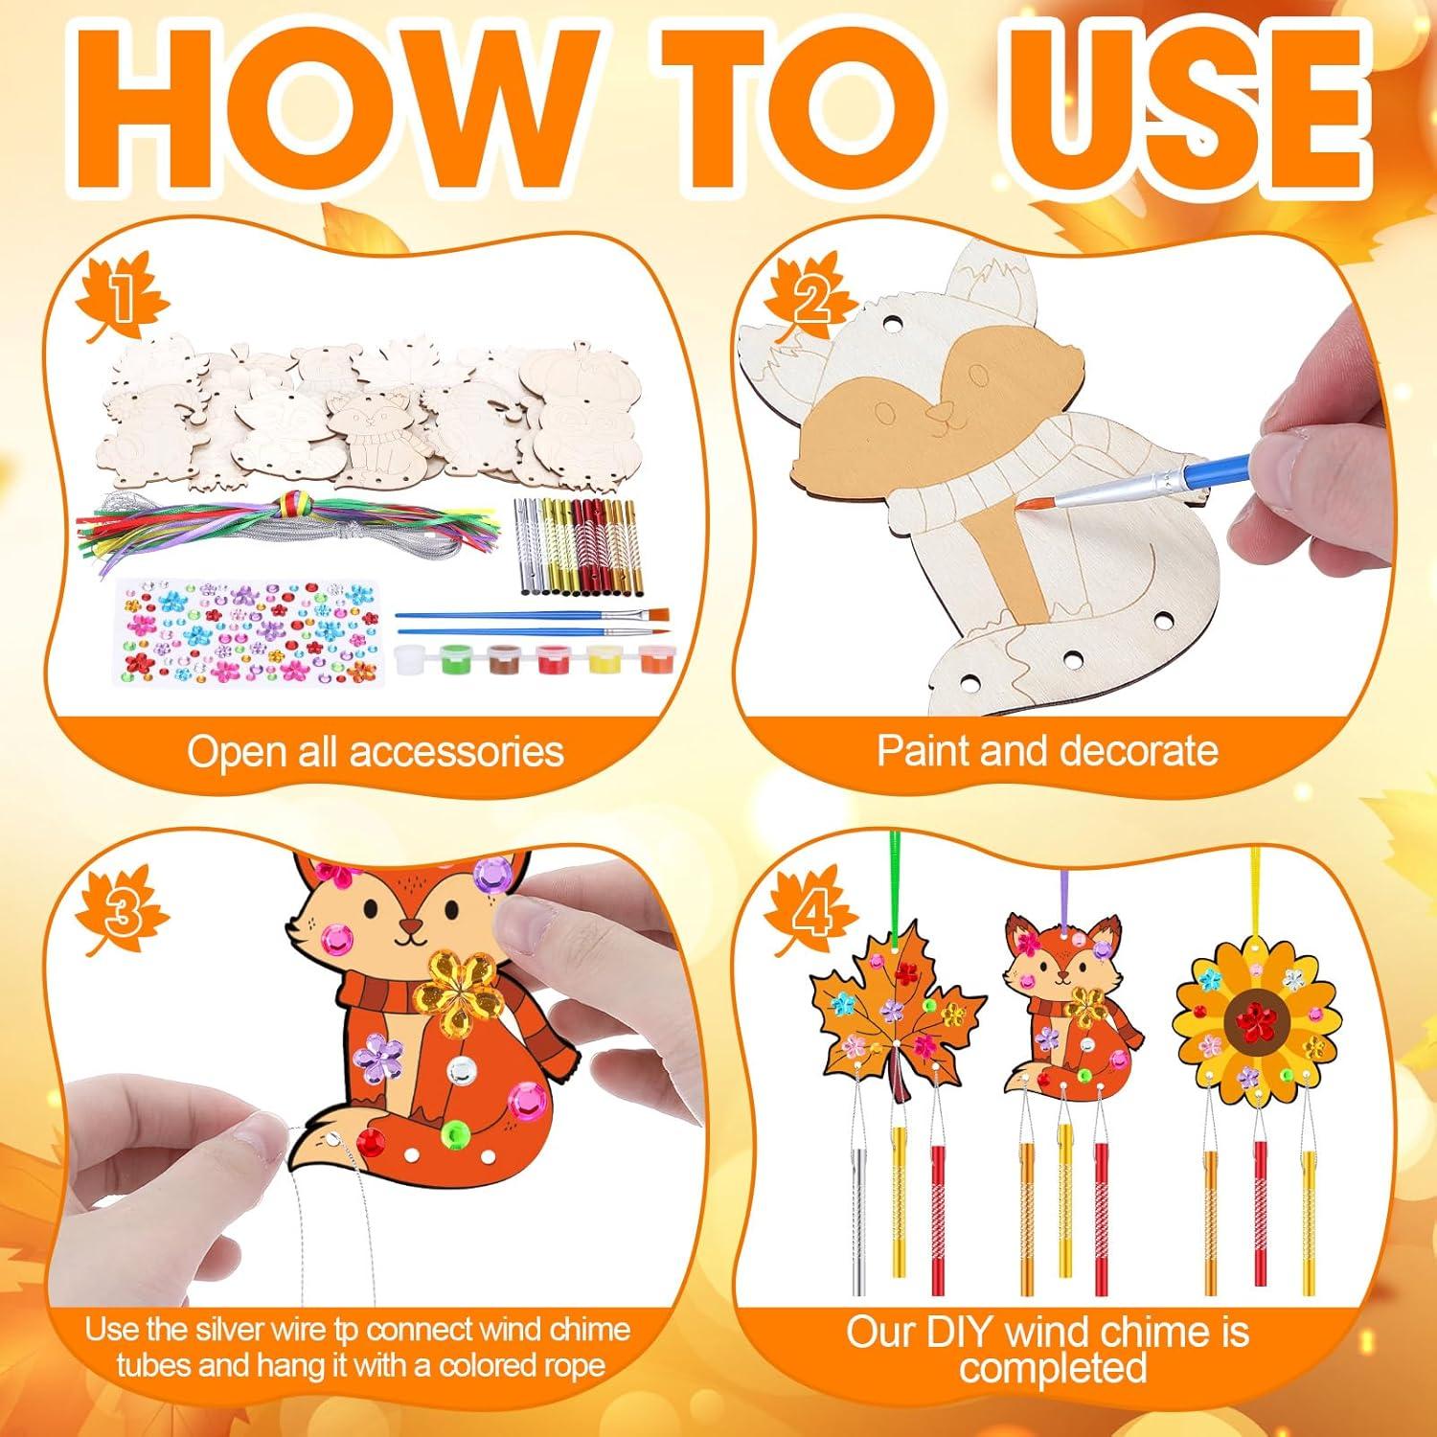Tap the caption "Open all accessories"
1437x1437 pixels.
[376, 752]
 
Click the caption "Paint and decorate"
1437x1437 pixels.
[1047, 750]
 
